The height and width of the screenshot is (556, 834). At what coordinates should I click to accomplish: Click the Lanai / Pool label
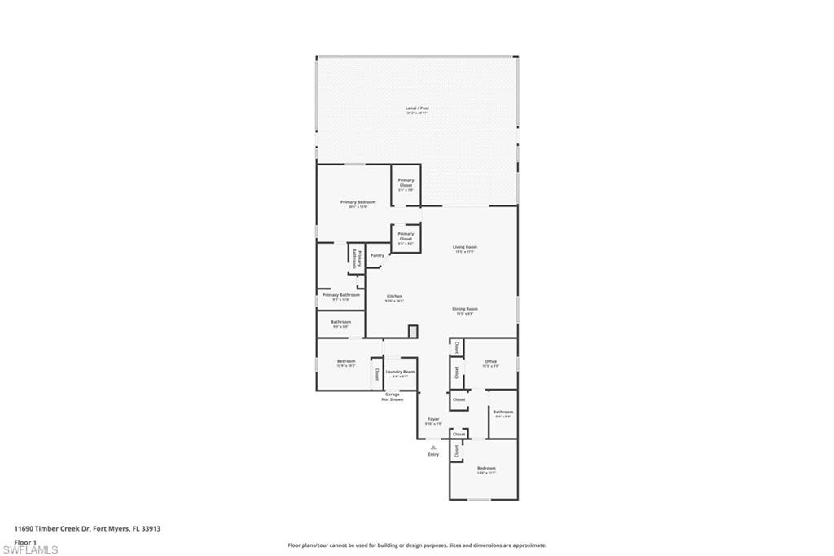click(417, 108)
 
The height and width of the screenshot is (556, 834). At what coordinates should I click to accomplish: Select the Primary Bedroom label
click(358, 201)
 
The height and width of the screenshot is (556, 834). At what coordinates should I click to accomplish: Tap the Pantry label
click(377, 255)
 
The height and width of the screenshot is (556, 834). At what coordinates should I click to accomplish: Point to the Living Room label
click(465, 247)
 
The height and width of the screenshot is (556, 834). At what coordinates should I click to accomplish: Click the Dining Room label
click(465, 309)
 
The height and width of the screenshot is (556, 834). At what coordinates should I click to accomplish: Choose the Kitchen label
click(394, 296)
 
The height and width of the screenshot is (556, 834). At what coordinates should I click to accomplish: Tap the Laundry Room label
click(400, 372)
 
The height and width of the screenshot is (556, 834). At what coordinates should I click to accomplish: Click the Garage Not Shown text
click(393, 397)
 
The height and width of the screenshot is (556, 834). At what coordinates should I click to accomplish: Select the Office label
click(490, 361)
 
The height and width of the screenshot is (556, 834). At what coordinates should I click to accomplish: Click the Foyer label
click(433, 419)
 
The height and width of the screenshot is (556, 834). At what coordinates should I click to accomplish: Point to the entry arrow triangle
click(433, 448)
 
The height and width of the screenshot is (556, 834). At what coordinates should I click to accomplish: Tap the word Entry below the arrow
click(433, 454)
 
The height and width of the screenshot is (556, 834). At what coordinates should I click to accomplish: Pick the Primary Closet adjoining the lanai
click(406, 183)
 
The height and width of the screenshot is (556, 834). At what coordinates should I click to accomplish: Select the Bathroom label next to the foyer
click(503, 412)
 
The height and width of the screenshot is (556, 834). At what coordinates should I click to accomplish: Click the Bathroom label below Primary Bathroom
click(340, 322)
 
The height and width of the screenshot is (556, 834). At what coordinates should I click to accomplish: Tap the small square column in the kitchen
click(413, 331)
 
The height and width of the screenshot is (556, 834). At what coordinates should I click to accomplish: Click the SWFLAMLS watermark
click(31, 549)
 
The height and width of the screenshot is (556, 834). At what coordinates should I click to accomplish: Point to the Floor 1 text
click(25, 541)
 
